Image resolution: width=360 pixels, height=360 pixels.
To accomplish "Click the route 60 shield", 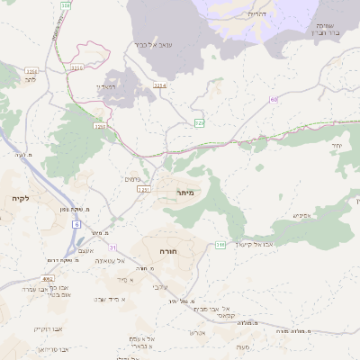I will click(x=274, y=100).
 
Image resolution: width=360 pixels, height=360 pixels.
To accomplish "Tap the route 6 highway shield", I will click(x=76, y=224).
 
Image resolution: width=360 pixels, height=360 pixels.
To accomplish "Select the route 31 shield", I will click(x=112, y=247).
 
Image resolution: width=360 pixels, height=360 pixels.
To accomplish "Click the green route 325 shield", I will click(x=200, y=122).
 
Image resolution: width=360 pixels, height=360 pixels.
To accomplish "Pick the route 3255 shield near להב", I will click(x=31, y=70).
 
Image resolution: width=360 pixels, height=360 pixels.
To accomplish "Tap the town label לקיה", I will click(x=21, y=197).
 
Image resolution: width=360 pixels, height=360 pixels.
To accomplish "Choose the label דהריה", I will click(x=256, y=14).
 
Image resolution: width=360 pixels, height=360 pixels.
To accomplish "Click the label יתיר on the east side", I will click(x=338, y=145).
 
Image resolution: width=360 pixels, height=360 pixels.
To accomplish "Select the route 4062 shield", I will click(x=48, y=278).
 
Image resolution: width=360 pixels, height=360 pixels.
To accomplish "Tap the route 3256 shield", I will click(x=99, y=127).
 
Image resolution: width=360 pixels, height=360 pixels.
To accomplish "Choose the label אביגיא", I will click(x=302, y=215).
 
